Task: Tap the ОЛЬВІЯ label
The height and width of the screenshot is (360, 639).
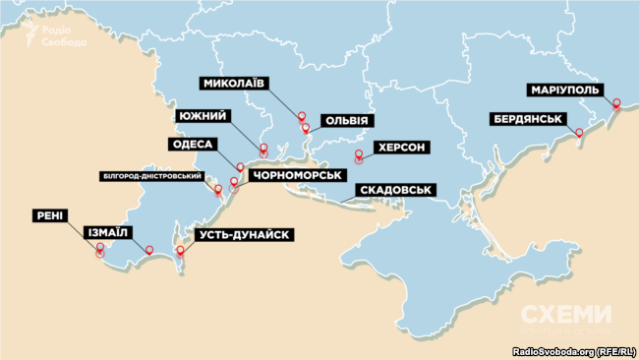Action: pos(347,121)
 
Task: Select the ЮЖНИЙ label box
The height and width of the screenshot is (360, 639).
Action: pos(203,116)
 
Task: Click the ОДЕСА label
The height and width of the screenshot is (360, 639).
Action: pos(193,145)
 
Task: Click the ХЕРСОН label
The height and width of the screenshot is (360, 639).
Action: pos(401,147)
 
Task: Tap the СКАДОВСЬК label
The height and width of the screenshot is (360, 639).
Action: pos(393,190)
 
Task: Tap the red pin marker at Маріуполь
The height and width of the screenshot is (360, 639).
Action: pos(616,103)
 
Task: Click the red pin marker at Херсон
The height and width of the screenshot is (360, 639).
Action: pos(359,154)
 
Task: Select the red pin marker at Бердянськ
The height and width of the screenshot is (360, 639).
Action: pos(580,131)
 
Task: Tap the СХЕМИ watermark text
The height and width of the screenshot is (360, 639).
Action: pos(564,315)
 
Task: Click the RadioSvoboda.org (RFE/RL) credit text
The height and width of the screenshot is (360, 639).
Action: pos(574,351)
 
